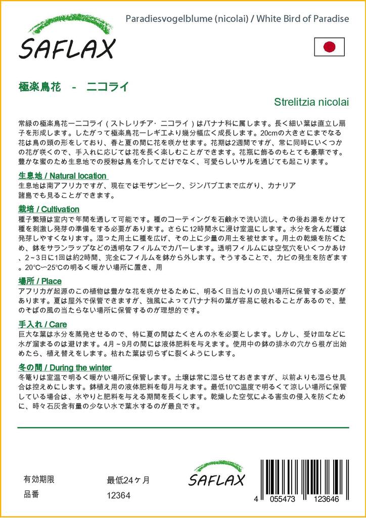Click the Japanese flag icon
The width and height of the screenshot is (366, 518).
(329, 47)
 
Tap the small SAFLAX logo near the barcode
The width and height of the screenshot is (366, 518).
(216, 479)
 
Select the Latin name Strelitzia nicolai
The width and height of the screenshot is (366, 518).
(311, 101)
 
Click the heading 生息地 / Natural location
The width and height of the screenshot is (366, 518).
(49, 176)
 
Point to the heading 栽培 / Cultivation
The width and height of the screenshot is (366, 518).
(49, 209)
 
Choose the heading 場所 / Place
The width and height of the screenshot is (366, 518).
(40, 281)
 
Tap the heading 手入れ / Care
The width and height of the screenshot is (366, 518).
(42, 324)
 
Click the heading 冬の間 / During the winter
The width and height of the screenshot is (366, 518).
(65, 367)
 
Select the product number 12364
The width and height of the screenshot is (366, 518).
(119, 496)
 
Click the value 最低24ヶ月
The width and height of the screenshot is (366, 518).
(128, 480)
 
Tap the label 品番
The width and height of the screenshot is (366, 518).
(31, 495)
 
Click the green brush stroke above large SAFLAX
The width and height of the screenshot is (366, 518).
(64, 24)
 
